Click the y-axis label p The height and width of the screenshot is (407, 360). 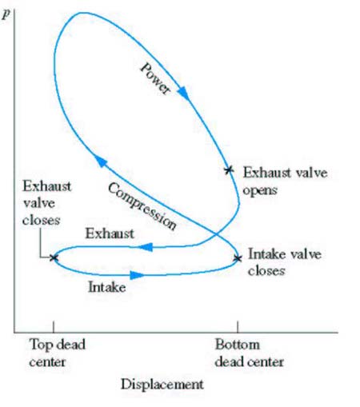(6, 14)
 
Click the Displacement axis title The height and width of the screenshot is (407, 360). (162, 384)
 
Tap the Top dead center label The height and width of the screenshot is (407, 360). (57, 353)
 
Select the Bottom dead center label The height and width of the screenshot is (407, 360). (249, 353)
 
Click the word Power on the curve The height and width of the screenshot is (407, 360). (155, 78)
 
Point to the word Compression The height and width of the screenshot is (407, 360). (142, 206)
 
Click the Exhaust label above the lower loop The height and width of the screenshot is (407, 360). (110, 233)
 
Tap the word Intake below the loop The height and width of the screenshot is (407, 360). (107, 287)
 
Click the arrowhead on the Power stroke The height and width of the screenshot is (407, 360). (184, 93)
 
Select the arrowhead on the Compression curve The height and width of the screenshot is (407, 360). (101, 161)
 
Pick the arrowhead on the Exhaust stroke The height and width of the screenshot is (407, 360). (146, 247)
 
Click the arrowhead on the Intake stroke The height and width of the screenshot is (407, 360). (138, 275)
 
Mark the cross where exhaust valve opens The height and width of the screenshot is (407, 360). (229, 170)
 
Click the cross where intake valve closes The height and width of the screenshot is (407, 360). (238, 258)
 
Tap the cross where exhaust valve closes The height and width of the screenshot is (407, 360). (54, 257)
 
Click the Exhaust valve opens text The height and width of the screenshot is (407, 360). (285, 182)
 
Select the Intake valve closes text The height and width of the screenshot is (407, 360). (285, 262)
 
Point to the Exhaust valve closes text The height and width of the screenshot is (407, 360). (46, 203)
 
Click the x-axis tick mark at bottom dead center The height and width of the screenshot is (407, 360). (238, 327)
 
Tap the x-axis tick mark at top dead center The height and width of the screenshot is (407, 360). (54, 327)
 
